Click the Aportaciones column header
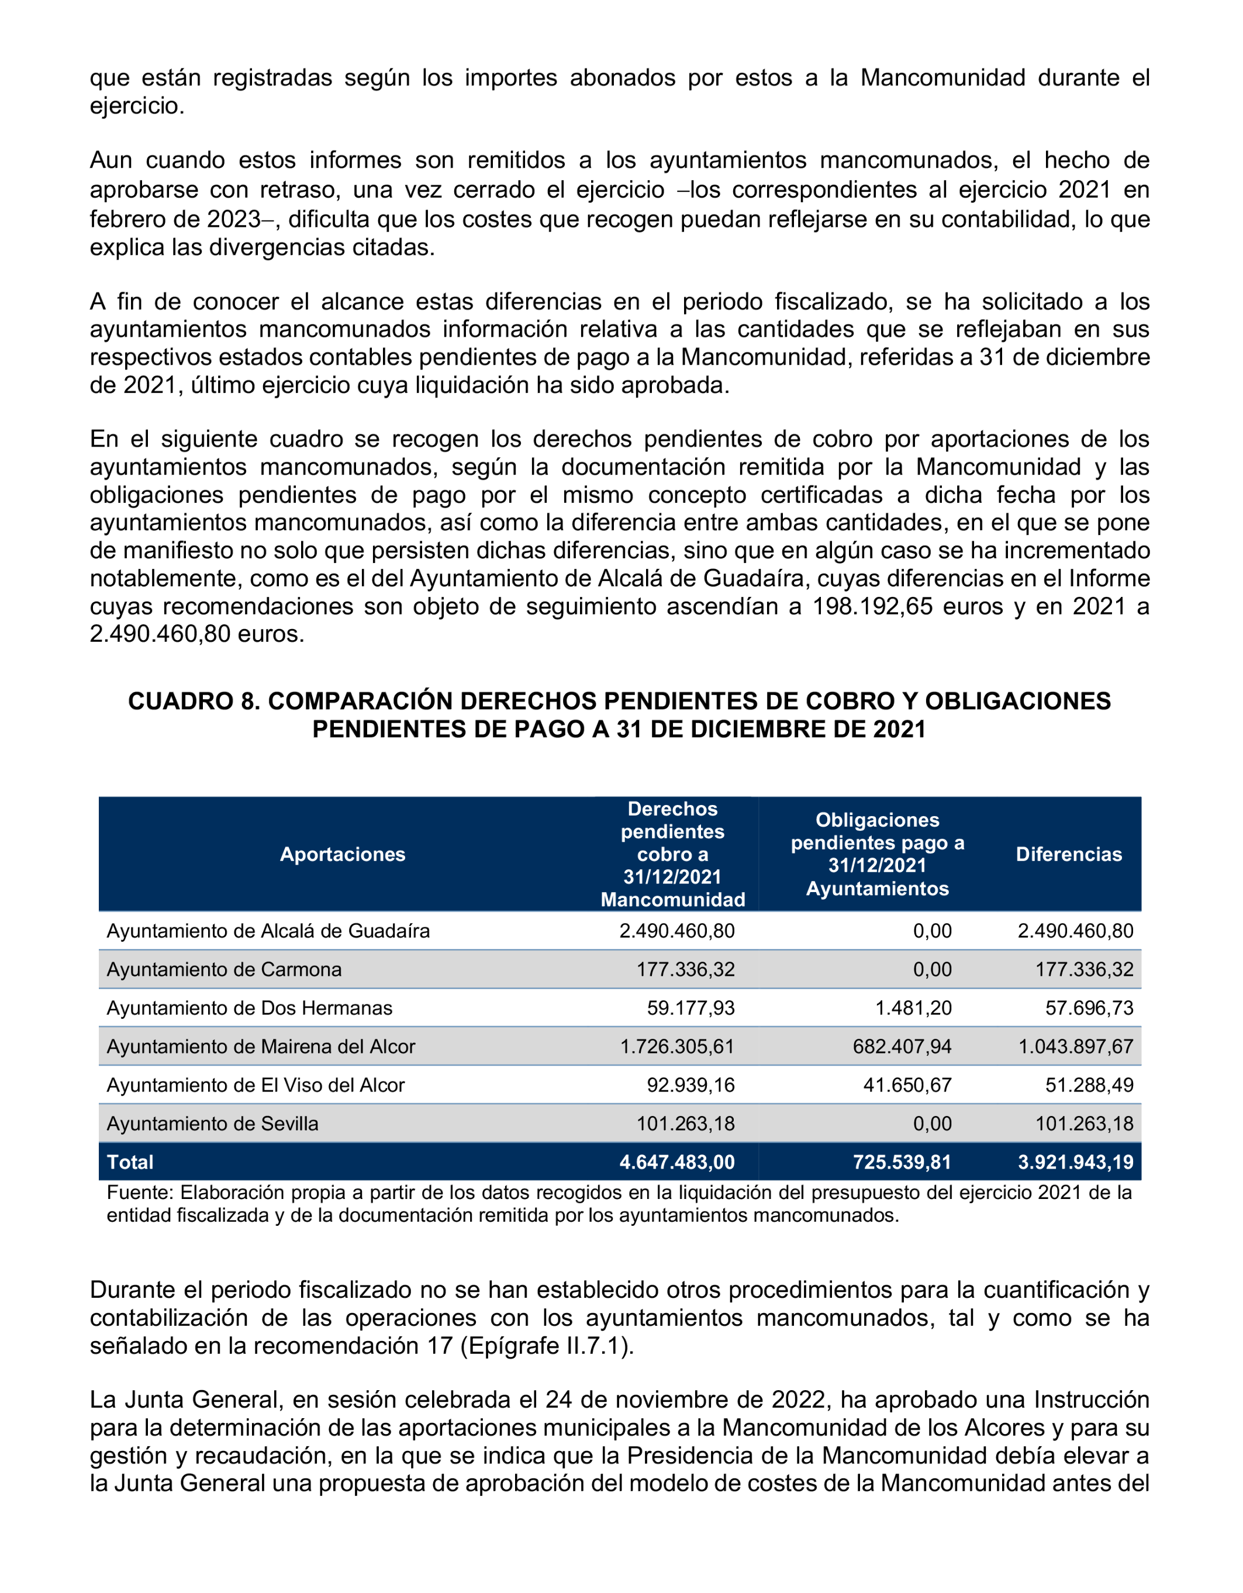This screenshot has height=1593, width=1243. tap(342, 854)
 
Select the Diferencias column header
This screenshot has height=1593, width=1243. tap(1069, 854)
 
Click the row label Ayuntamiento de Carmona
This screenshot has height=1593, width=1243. tap(224, 969)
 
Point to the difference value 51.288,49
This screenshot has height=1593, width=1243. tap(1089, 1086)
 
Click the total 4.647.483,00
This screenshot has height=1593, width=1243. tap(677, 1162)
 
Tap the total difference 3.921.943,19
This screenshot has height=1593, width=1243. tap(1075, 1162)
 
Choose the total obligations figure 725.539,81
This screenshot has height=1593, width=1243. tap(902, 1162)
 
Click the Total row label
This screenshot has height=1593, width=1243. tap(130, 1162)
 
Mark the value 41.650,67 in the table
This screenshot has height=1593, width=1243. tap(907, 1086)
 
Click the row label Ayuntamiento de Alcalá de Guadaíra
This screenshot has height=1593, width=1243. tap(268, 931)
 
